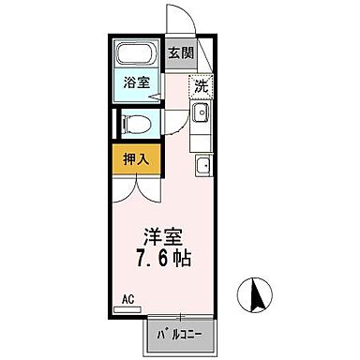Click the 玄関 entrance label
(181, 52)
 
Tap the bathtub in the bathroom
(136, 54)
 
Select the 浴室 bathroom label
(137, 82)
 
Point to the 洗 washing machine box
(201, 86)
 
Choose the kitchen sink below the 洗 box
(201, 114)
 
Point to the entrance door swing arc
(178, 19)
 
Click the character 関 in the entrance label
(187, 52)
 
